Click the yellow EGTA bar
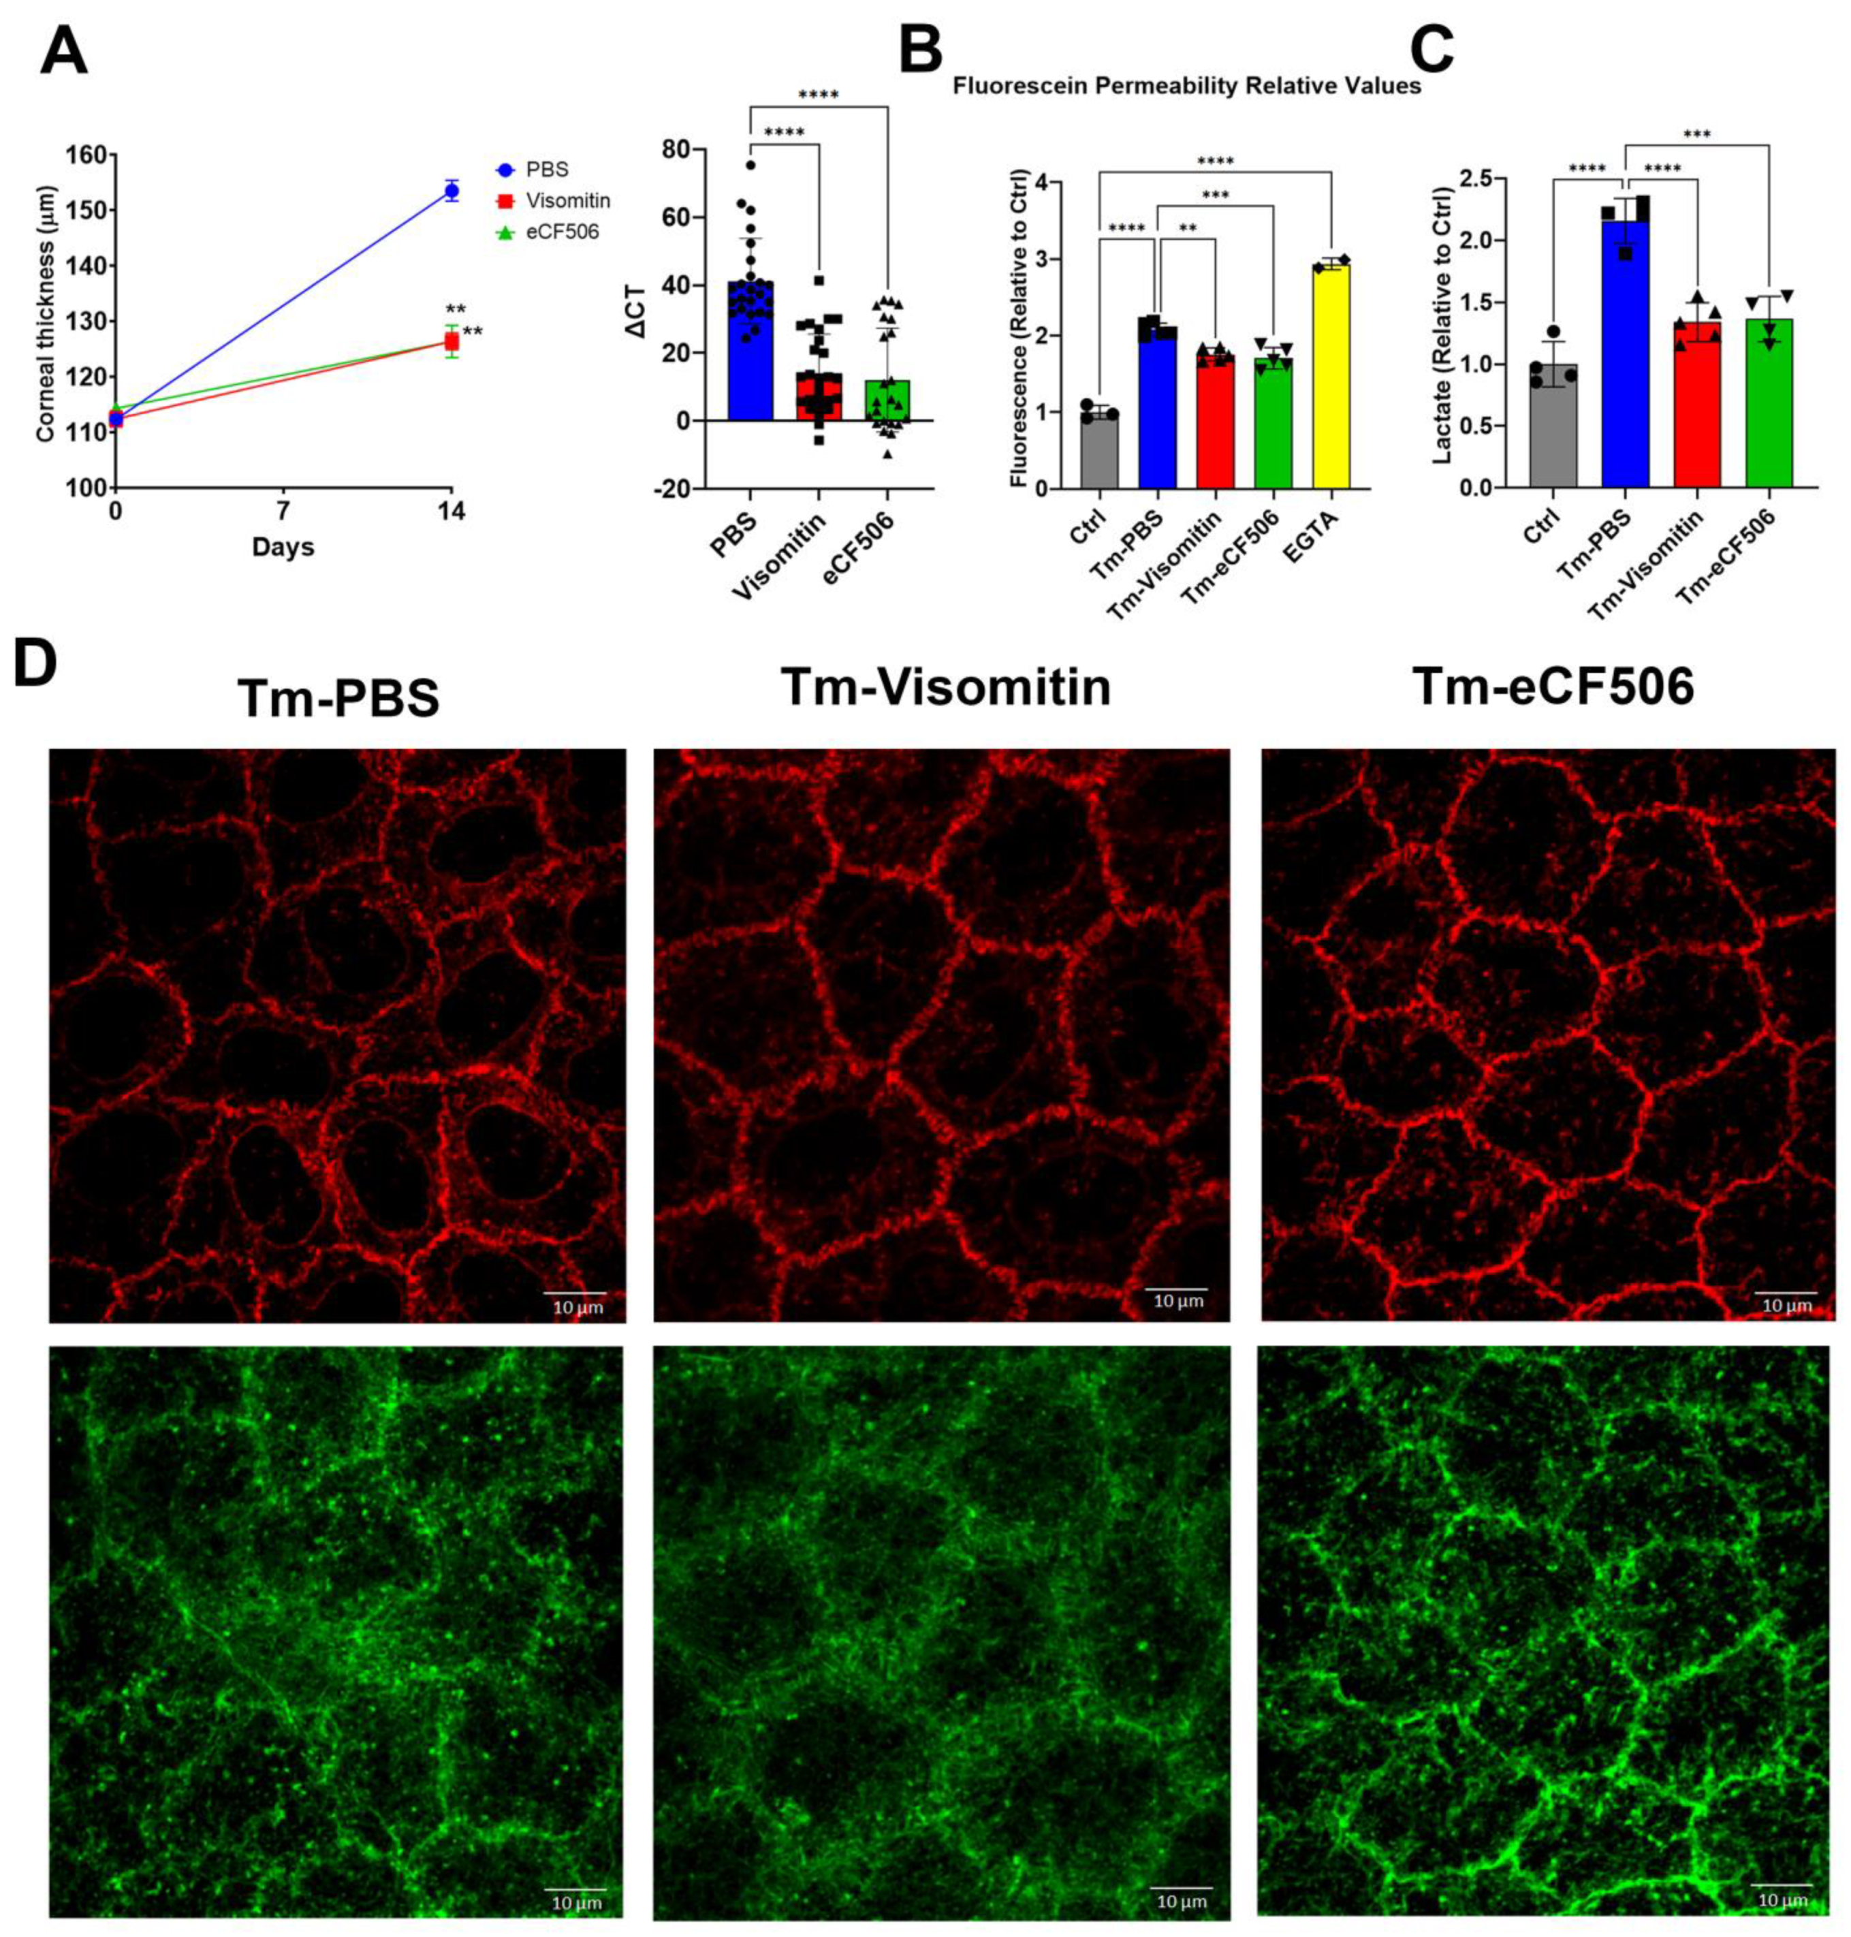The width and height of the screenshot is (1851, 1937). [1331, 376]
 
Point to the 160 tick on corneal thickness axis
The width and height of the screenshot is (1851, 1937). [86, 155]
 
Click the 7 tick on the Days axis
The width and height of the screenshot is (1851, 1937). [283, 511]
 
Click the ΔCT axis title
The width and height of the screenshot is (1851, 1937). [638, 314]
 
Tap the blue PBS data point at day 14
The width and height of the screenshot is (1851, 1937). [451, 191]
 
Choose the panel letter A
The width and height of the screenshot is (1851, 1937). [63, 50]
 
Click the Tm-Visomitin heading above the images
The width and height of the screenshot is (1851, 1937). [945, 687]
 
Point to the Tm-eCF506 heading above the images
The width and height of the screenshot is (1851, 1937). [1552, 687]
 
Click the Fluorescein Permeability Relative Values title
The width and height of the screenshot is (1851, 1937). [1186, 86]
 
